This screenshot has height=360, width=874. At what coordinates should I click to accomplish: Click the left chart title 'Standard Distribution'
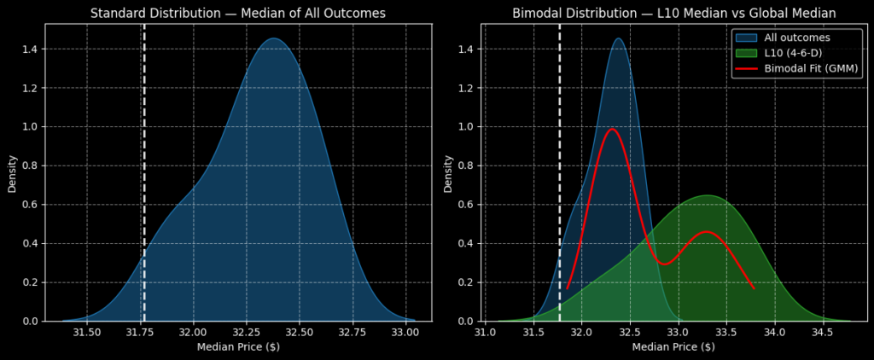pyautogui.click(x=237, y=13)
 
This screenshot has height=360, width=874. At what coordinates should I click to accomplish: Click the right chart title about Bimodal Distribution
pyautogui.click(x=673, y=13)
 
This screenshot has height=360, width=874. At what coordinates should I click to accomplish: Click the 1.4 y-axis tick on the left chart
pyautogui.click(x=31, y=49)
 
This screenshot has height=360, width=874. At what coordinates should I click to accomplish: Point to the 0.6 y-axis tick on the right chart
pyautogui.click(x=467, y=205)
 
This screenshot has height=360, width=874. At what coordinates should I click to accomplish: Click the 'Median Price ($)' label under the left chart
pyautogui.click(x=238, y=347)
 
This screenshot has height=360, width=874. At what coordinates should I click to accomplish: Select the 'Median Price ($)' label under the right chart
pyautogui.click(x=673, y=347)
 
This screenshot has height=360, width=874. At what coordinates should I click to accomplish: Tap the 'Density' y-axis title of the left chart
pyautogui.click(x=13, y=172)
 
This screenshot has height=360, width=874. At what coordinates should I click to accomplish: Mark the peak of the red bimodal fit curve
pyautogui.click(x=611, y=129)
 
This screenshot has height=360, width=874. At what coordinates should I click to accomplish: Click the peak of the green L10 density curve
pyautogui.click(x=708, y=195)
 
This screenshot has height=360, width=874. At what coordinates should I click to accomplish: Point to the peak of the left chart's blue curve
pyautogui.click(x=273, y=38)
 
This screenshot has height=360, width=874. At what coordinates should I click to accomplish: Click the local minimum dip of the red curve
pyautogui.click(x=664, y=264)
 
